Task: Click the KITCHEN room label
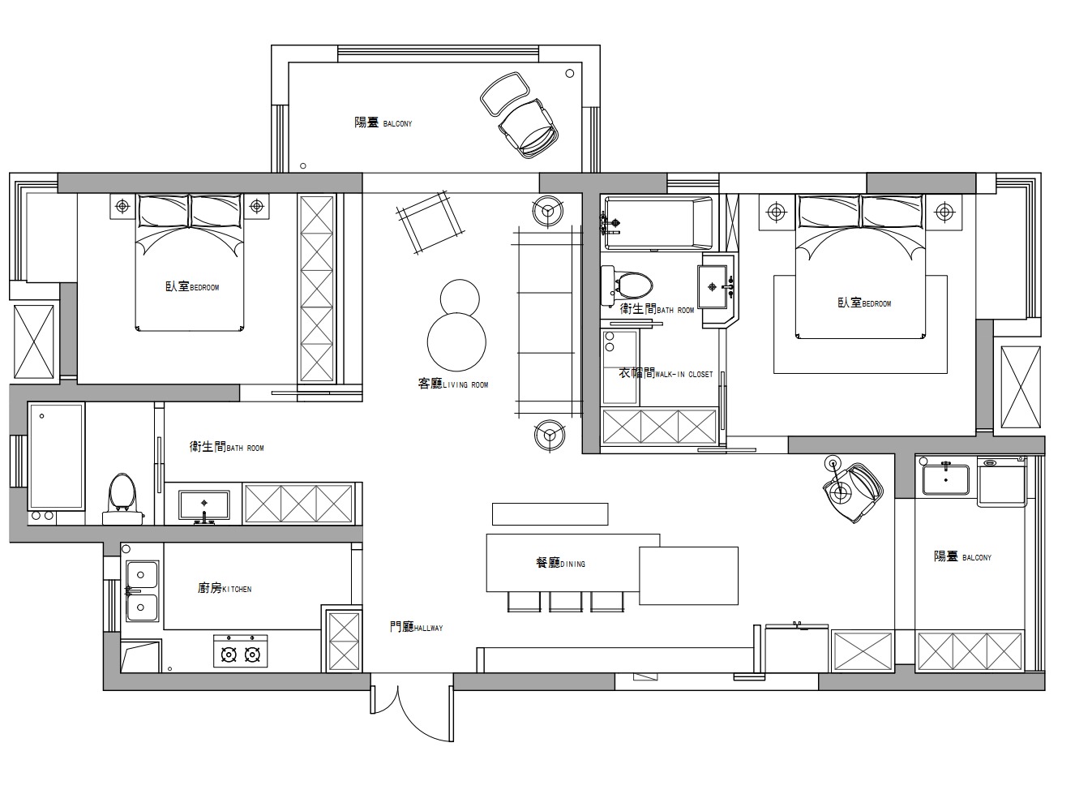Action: [225, 588]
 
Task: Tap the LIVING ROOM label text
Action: [453, 384]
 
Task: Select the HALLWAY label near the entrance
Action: [416, 627]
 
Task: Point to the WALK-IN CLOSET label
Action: [666, 373]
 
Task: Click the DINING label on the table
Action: [561, 563]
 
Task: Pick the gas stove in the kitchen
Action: [241, 650]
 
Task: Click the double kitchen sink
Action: [143, 591]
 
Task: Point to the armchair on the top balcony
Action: [528, 128]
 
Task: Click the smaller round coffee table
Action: [460, 299]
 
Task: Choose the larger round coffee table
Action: [456, 342]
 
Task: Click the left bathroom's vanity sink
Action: [204, 505]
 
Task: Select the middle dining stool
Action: [566, 602]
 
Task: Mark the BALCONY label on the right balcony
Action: [962, 556]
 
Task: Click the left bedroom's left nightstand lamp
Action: [122, 206]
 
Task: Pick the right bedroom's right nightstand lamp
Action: [944, 212]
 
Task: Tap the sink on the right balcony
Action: [946, 479]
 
